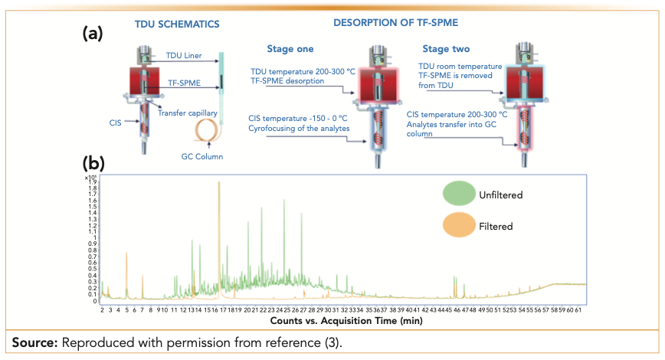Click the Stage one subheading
[290, 49]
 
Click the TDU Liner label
[185, 55]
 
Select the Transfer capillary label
[188, 113]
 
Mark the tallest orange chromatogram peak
[219, 184]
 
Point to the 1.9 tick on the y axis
[93, 182]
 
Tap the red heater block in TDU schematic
[142, 81]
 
